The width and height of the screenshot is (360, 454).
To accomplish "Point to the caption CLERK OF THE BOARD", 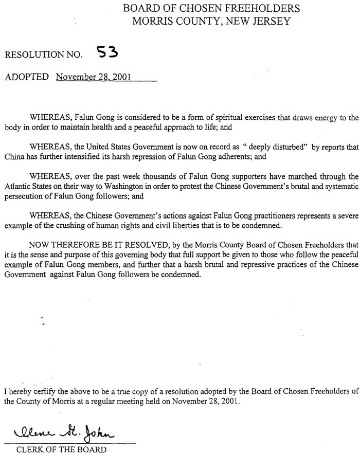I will (x=61, y=449).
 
